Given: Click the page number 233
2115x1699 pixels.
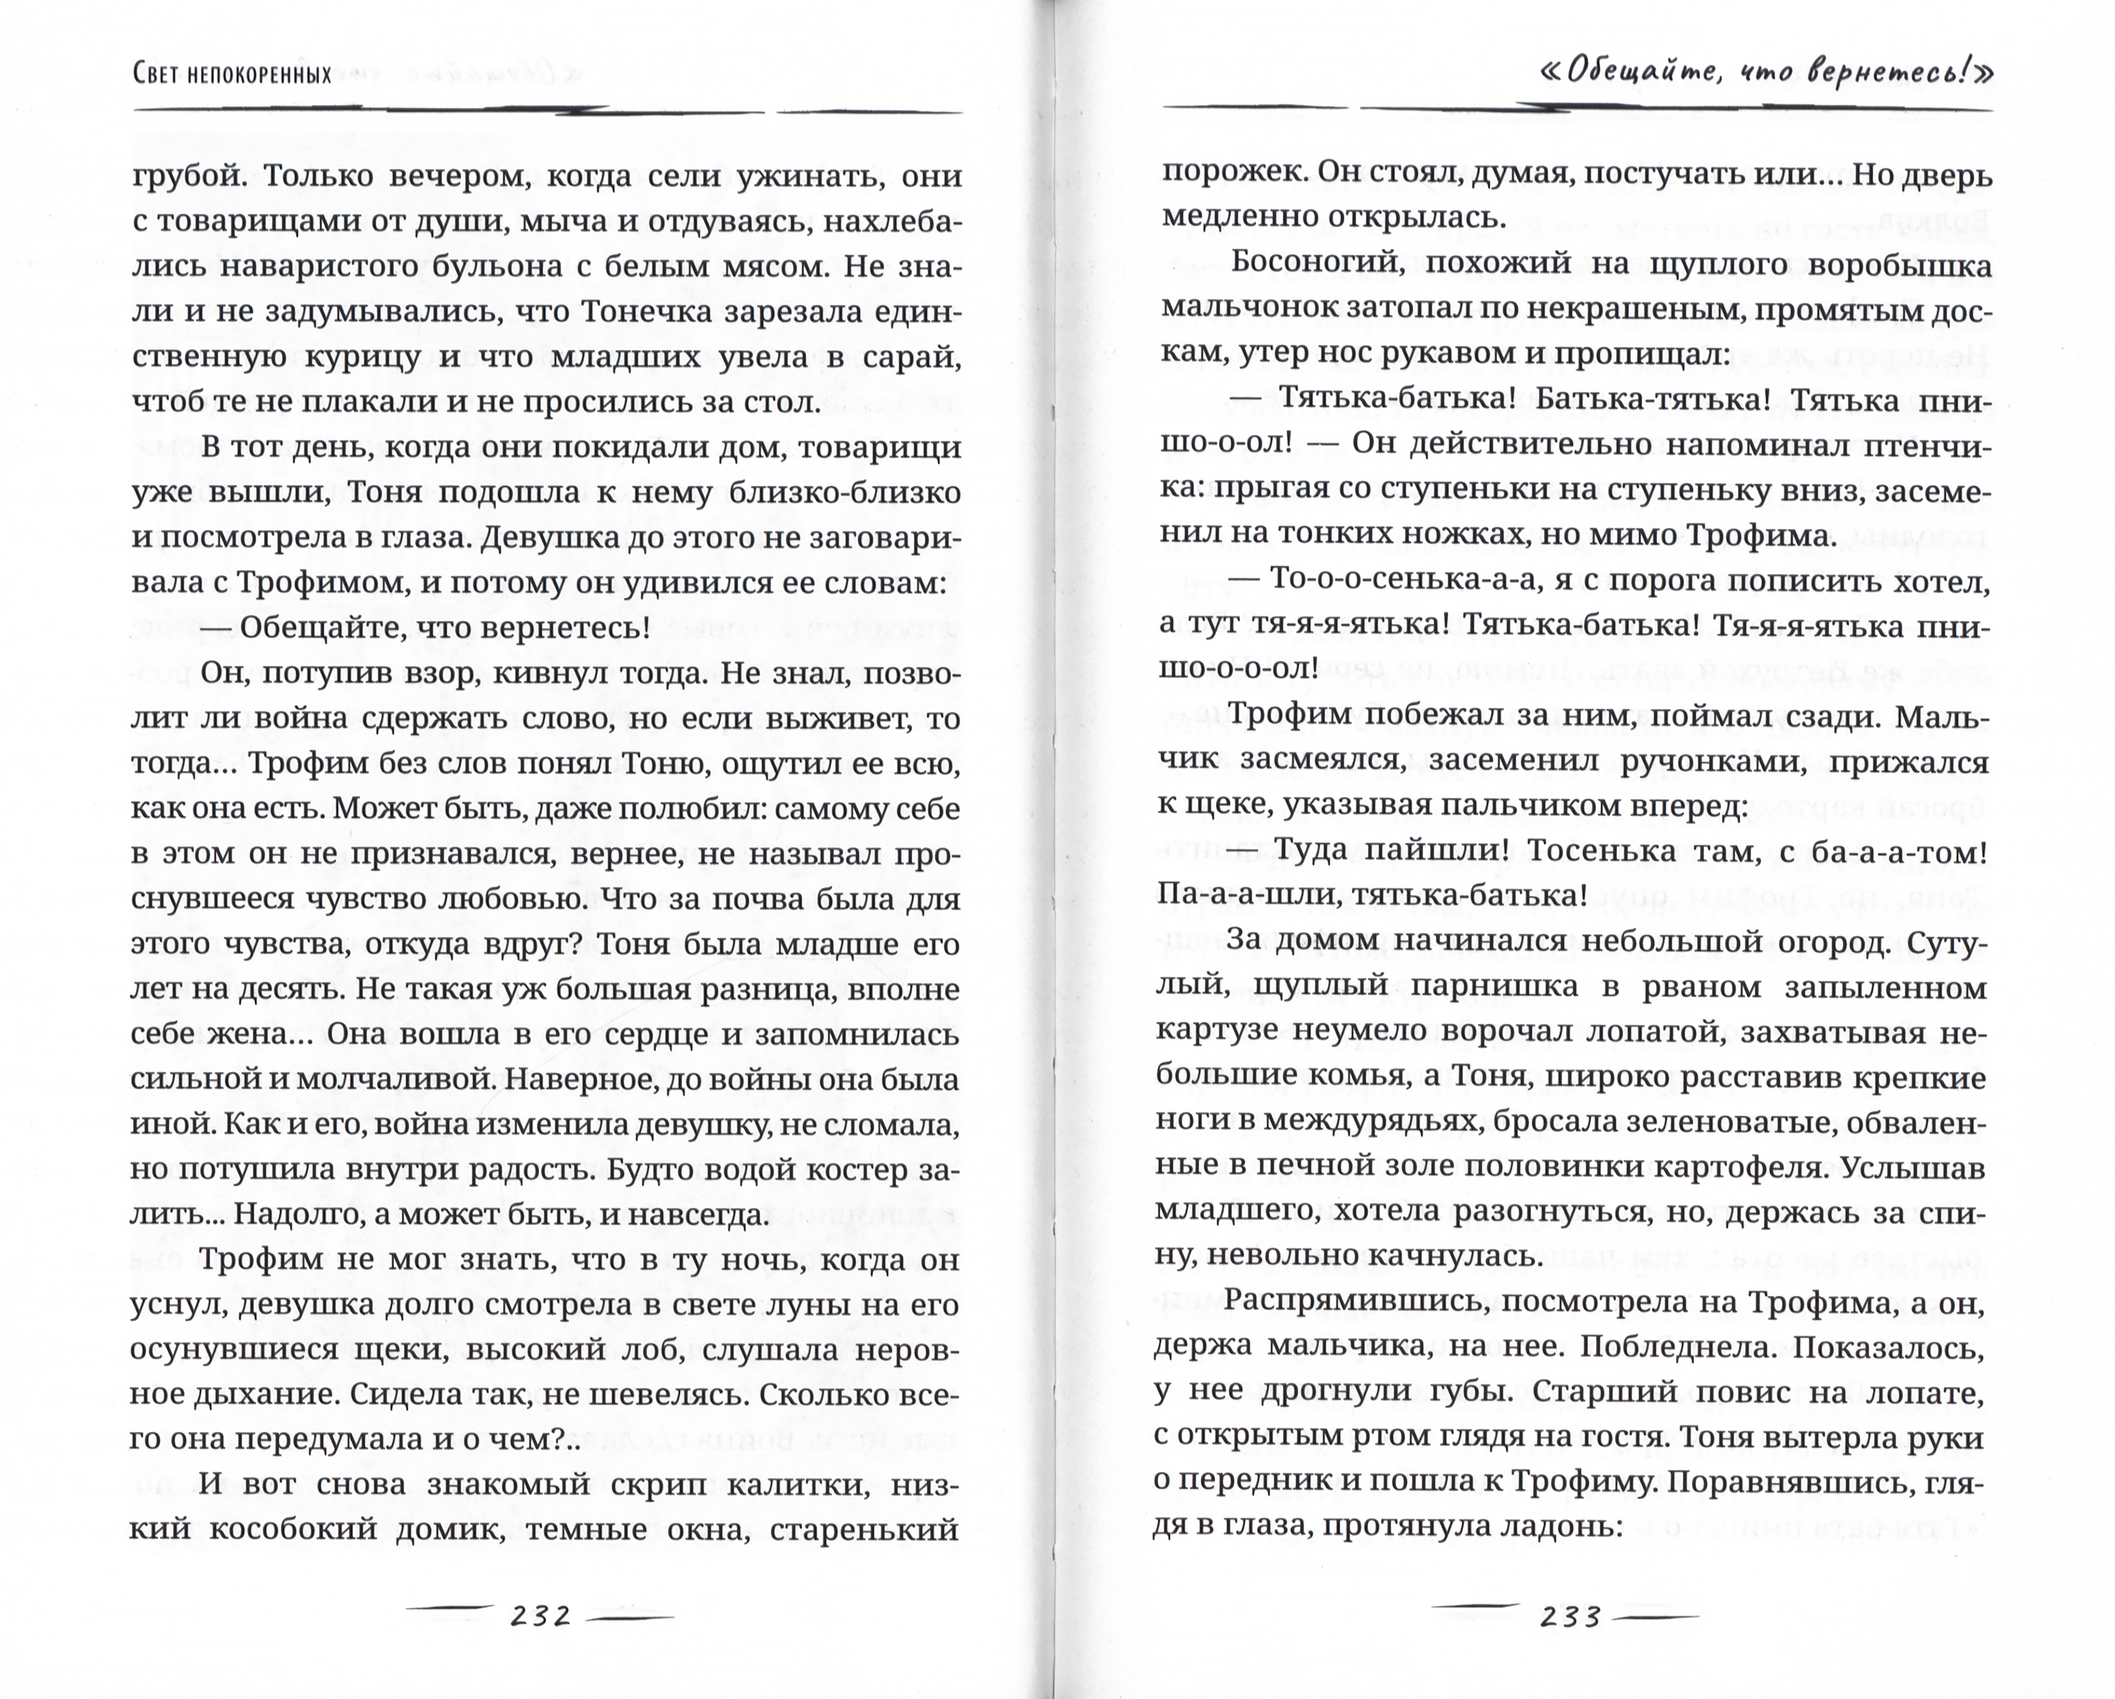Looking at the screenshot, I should coord(1570,1615).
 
